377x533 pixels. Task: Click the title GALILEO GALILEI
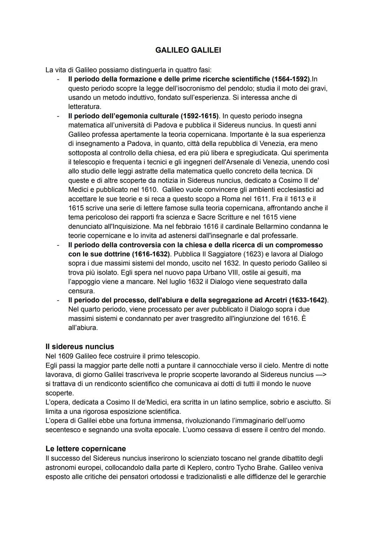pyautogui.click(x=188, y=50)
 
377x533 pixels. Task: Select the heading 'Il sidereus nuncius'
pyautogui.click(x=80, y=346)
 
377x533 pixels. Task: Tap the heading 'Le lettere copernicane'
pyautogui.click(x=86, y=448)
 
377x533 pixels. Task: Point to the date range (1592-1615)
pyautogui.click(x=199, y=116)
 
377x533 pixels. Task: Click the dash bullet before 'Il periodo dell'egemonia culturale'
pyautogui.click(x=58, y=116)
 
